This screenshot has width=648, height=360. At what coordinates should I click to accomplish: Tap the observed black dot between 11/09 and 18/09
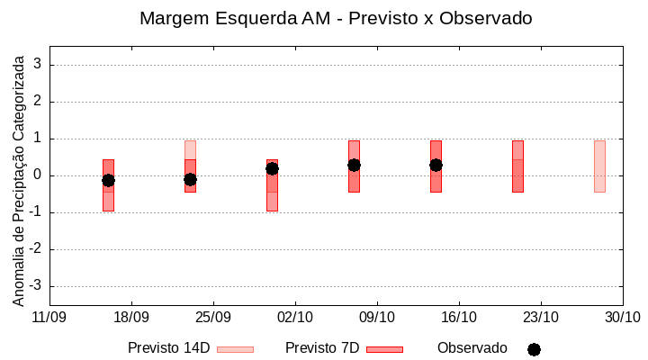pos(108,180)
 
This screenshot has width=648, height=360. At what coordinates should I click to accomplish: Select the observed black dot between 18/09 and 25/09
pos(190,179)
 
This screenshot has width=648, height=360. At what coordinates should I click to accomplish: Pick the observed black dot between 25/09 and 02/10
pos(272,168)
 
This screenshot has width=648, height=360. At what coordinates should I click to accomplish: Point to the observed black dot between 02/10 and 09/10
pos(354,165)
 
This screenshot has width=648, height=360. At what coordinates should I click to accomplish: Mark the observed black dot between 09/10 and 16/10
pos(436,165)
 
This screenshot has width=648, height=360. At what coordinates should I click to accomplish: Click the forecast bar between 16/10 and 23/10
pos(517,166)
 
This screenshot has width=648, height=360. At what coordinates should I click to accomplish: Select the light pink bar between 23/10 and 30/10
pos(599,166)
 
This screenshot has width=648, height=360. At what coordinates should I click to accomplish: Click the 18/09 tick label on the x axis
pos(131,317)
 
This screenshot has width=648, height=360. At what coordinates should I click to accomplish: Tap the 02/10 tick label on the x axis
pos(295,317)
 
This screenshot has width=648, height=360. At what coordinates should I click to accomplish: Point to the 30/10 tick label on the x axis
pos(622,317)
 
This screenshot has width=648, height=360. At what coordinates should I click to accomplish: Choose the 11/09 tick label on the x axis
pos(49,317)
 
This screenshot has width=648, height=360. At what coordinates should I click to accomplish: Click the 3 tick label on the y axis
pos(39,65)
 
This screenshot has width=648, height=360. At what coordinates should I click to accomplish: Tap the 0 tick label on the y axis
pos(39,175)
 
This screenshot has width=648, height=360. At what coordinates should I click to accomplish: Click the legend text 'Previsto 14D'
pos(168,348)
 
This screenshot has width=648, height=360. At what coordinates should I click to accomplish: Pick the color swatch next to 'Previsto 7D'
pos(384,349)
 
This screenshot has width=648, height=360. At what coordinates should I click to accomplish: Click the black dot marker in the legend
pos(534,349)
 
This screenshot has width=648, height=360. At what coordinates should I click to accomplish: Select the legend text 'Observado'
pos(472,348)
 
